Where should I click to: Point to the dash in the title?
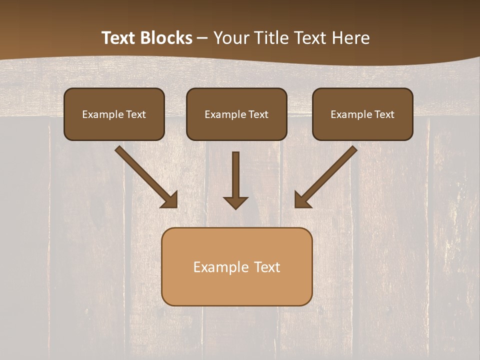point(202,38)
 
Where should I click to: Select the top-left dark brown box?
point(114,114)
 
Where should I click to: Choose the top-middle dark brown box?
point(236,114)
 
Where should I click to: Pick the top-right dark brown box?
point(362,114)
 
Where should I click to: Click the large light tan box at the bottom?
point(236,266)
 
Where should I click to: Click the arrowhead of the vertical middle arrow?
point(235,202)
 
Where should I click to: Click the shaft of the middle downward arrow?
point(235,172)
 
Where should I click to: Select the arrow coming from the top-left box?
point(145,175)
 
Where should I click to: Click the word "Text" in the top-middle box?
point(258,114)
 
